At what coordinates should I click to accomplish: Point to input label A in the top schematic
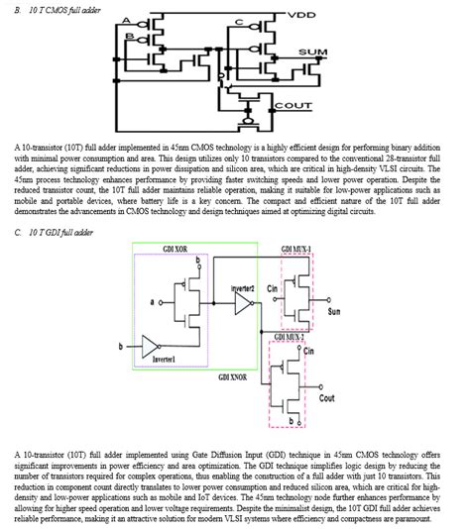[x=126, y=20]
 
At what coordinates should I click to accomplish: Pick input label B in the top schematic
[x=128, y=38]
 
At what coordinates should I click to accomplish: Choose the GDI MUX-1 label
[x=296, y=248]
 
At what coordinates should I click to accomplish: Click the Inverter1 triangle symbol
[x=150, y=347]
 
